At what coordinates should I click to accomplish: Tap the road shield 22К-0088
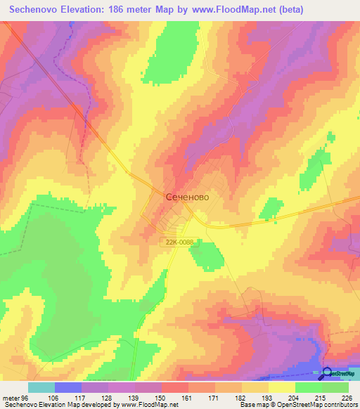pos(180,242)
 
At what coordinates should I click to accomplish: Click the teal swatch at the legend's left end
pos(41,387)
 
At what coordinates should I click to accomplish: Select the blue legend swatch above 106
pos(67,387)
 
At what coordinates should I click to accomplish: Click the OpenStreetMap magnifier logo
pos(328,373)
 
